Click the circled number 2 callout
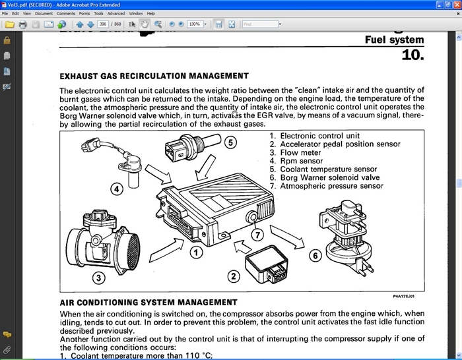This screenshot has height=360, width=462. coord(232,277)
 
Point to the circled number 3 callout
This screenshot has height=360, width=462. coord(98,278)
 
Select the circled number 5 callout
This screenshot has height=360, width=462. coord(229,142)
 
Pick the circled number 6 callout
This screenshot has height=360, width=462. coord(315,255)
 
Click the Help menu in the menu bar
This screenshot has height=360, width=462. coord(151,13)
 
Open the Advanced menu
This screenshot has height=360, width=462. coord(116,13)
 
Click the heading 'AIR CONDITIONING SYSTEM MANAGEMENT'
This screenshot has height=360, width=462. coord(148,303)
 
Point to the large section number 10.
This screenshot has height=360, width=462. coord(412,55)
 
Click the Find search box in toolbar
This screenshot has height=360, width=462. coord(259,24)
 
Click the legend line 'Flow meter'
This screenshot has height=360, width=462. coord(301,152)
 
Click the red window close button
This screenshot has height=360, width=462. coord(454,4)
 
